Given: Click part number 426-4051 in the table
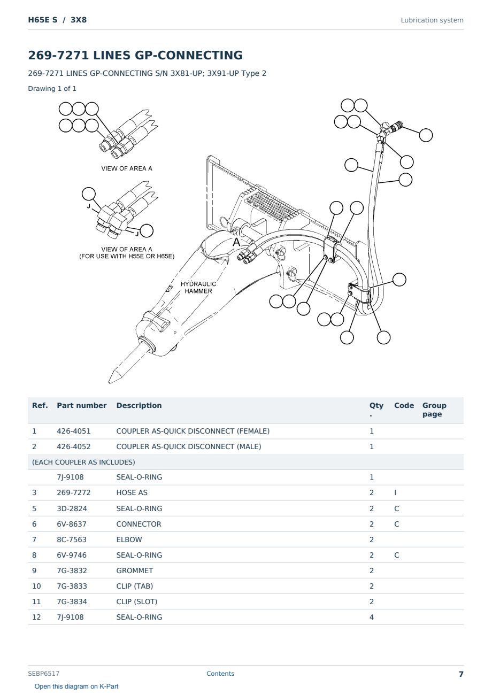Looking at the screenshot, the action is [74, 431].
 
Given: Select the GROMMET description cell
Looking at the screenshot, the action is [134, 570].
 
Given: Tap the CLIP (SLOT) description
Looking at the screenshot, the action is [136, 601].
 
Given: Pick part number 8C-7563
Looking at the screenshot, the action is [72, 539].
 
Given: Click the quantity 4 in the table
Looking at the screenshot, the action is [372, 617].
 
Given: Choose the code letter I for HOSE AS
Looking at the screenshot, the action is [395, 493].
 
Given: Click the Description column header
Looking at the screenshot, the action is [139, 405].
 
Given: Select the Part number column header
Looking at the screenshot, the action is [82, 405].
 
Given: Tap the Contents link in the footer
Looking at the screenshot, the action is [220, 674].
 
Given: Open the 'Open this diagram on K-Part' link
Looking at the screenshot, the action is [76, 686].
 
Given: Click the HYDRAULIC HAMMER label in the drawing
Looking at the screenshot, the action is [198, 288].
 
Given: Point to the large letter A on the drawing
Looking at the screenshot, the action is [236, 242].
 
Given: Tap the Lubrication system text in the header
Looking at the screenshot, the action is [432, 20].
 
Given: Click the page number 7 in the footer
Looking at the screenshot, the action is [461, 674].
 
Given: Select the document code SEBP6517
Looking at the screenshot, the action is [44, 674].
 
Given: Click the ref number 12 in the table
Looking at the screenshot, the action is [36, 617].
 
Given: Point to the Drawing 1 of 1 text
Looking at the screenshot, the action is [52, 88].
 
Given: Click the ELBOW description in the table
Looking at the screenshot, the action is [129, 539].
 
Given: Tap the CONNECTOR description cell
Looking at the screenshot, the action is [139, 524].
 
